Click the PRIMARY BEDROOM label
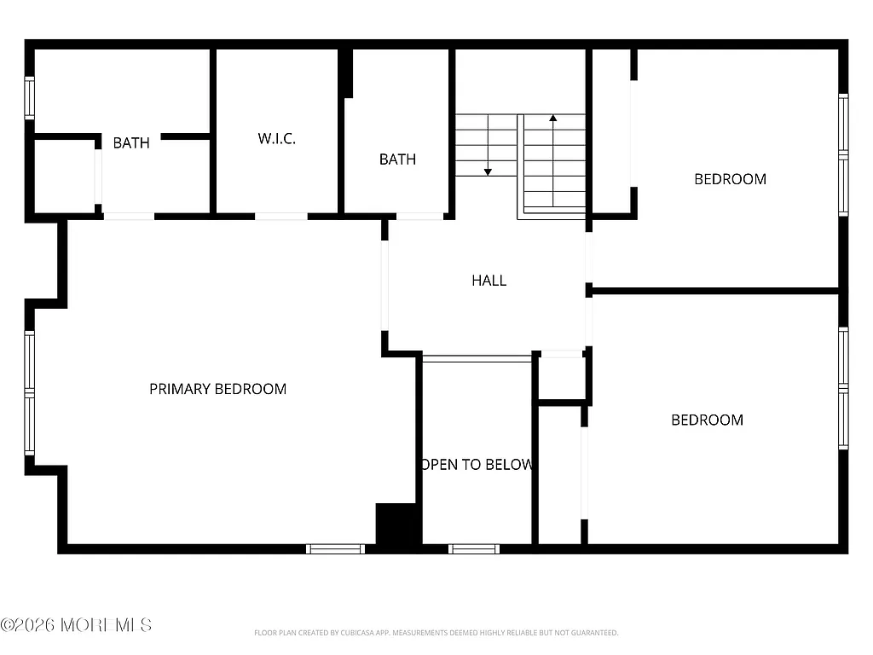click(x=217, y=389)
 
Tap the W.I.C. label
click(x=277, y=138)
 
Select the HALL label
click(x=489, y=280)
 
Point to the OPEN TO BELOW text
click(x=477, y=465)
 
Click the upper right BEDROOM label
click(x=730, y=179)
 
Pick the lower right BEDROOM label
click(x=707, y=420)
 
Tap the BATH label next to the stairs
click(x=397, y=159)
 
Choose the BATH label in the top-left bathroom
click(x=131, y=142)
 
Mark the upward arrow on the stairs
click(x=552, y=119)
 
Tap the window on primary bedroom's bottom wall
click(x=335, y=548)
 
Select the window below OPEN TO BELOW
click(x=474, y=548)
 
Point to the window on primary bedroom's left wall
click(x=30, y=392)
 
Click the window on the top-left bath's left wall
click(x=30, y=97)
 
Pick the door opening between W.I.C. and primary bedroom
click(x=281, y=216)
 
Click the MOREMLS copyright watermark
click(x=77, y=625)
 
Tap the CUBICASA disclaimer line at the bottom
click(x=436, y=633)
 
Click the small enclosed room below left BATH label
click(x=64, y=176)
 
